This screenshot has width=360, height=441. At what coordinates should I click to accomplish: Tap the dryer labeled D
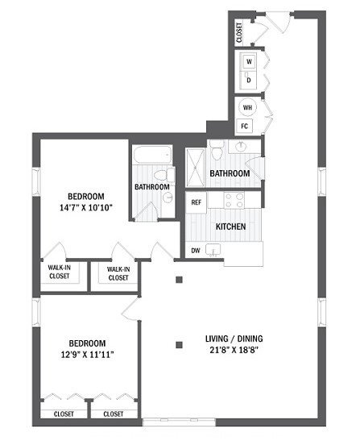(x=249, y=80)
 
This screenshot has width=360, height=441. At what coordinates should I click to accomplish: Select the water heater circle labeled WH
(x=247, y=107)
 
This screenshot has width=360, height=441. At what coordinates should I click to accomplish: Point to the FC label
(x=244, y=126)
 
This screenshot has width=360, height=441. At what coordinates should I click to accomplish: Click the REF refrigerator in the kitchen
(x=196, y=202)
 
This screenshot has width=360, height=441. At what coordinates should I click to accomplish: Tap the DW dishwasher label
(x=196, y=251)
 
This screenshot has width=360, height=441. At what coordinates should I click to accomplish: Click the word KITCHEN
(x=230, y=227)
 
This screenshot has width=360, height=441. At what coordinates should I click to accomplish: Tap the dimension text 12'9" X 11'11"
(x=84, y=352)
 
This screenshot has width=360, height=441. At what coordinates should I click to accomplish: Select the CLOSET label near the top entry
(x=239, y=32)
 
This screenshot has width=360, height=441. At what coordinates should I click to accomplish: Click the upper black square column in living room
(x=180, y=281)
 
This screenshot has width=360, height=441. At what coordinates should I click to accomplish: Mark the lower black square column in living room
(x=180, y=346)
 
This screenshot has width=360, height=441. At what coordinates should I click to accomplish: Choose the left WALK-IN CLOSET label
(x=59, y=273)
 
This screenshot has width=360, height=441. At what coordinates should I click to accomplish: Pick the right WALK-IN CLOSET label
(x=118, y=273)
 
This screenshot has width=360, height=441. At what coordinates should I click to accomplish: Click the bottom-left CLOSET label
(x=64, y=414)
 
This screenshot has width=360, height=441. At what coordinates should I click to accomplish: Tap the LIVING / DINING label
(x=239, y=339)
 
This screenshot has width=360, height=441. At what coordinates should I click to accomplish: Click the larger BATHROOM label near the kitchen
(x=230, y=173)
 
